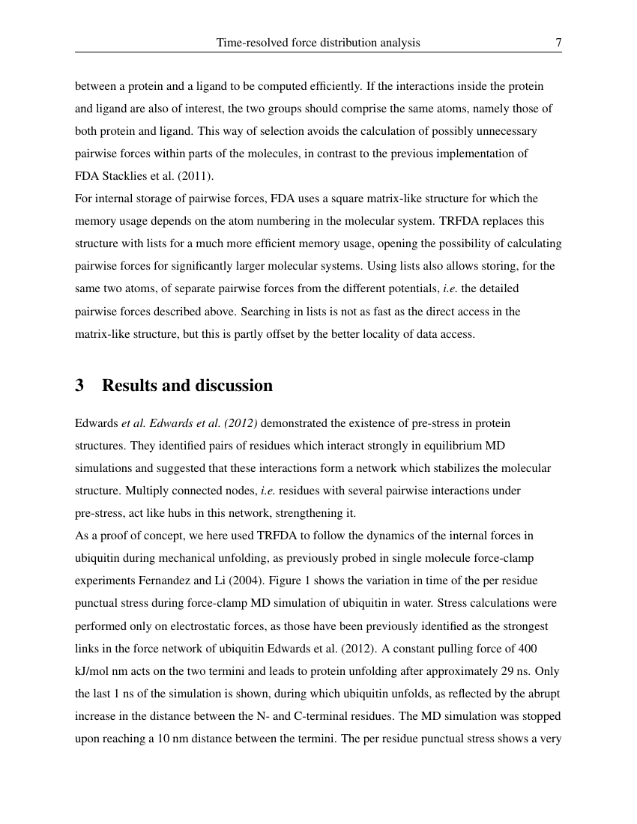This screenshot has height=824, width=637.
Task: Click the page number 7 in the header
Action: (x=558, y=43)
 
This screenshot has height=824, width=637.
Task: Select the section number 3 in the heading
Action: (x=79, y=386)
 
